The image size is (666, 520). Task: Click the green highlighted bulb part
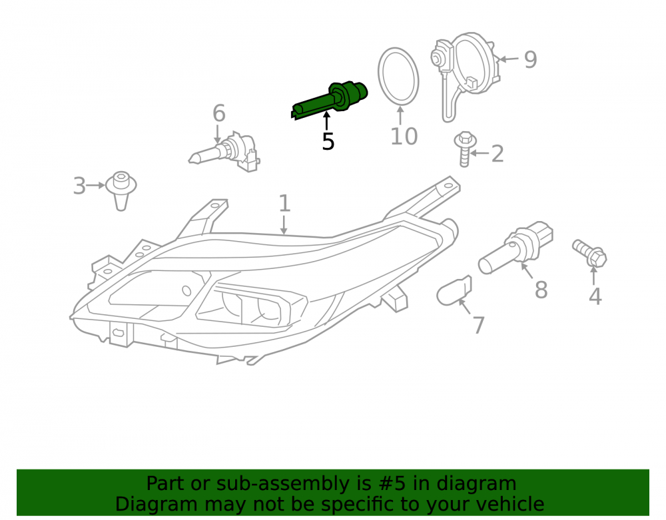click(329, 100)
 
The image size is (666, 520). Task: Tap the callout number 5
click(328, 141)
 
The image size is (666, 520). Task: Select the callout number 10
click(404, 136)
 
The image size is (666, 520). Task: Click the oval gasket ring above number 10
click(398, 77)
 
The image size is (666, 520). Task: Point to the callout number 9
click(530, 59)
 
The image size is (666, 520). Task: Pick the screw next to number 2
click(465, 149)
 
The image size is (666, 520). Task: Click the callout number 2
click(498, 154)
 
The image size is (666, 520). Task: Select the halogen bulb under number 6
click(225, 152)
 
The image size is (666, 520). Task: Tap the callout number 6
click(218, 113)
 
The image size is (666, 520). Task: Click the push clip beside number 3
click(121, 190)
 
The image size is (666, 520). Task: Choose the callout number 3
click(79, 186)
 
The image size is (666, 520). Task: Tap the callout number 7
click(479, 325)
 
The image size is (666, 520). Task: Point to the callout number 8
click(541, 290)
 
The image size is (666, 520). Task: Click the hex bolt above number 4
click(590, 253)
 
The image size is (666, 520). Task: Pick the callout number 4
click(595, 296)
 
